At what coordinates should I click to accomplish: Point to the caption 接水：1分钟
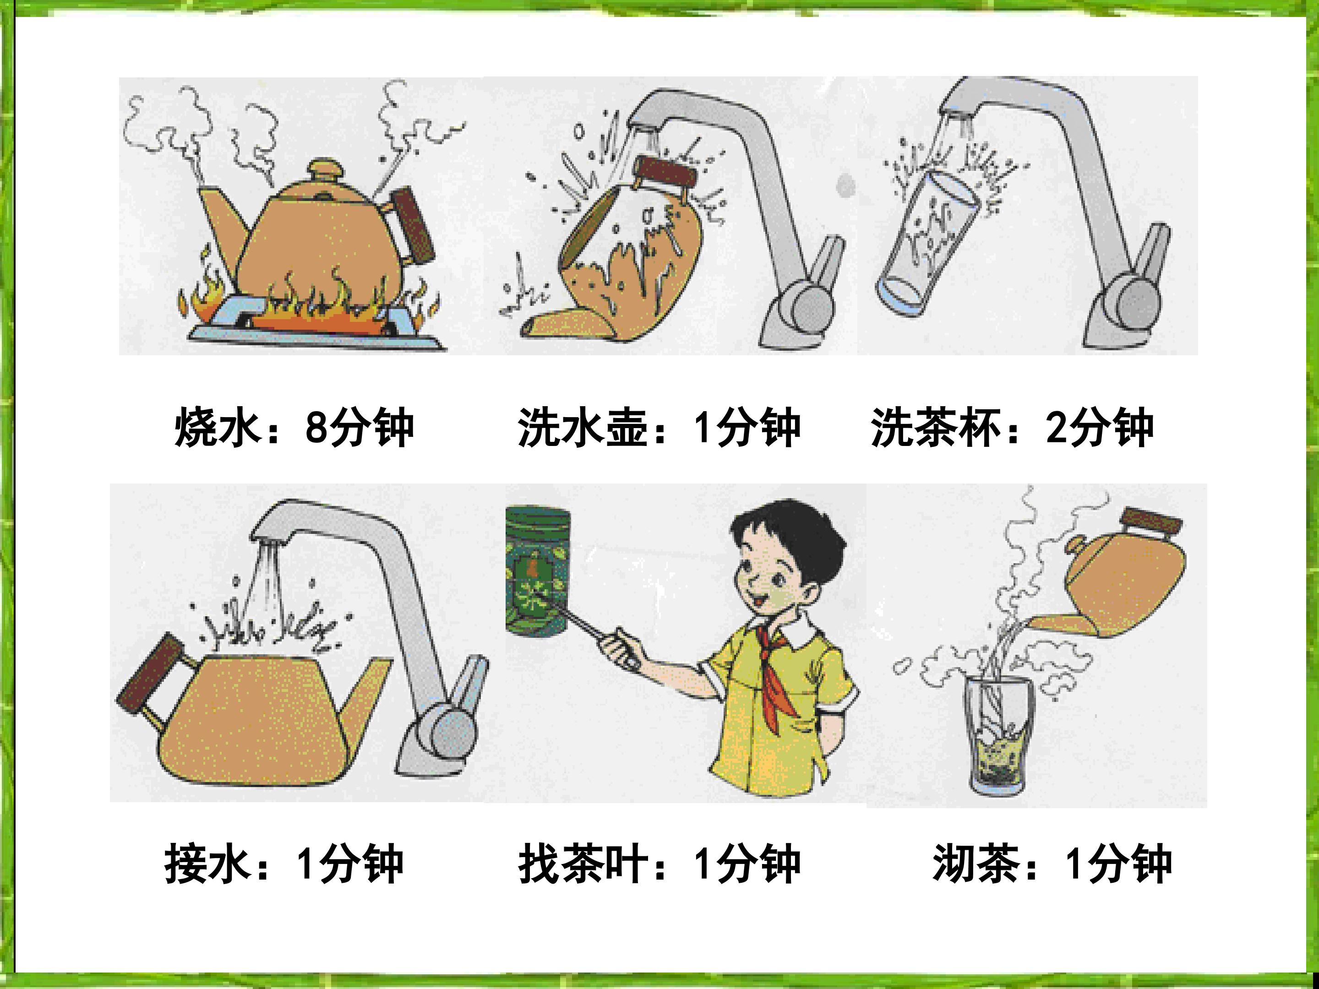pyautogui.click(x=284, y=864)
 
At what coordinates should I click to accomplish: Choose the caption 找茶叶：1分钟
pyautogui.click(x=659, y=864)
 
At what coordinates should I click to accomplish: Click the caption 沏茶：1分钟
pyautogui.click(x=1052, y=864)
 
